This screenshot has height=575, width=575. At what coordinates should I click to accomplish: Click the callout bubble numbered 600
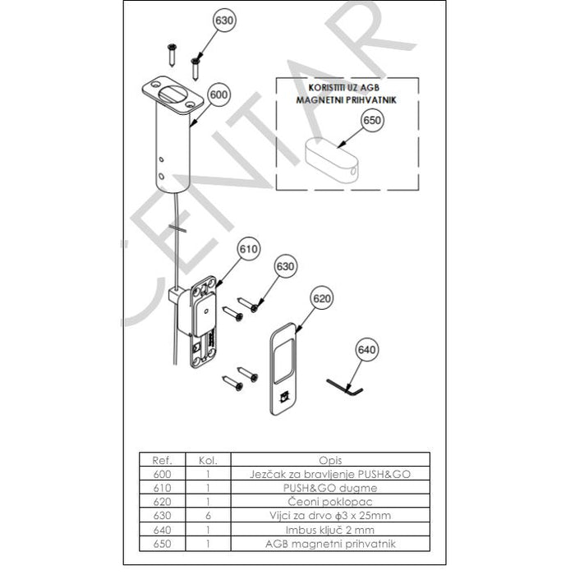coord(218,94)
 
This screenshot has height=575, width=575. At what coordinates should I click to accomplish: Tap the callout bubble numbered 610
coord(248,249)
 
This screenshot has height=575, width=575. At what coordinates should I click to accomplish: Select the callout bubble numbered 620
coord(322,298)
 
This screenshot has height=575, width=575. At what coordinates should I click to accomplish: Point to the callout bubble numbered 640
coord(366,349)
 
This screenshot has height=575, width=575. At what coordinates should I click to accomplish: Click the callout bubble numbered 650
coord(372,120)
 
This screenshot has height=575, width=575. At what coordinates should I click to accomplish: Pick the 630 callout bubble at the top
coord(224,21)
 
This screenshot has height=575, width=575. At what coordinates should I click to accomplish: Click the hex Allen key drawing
coord(345,387)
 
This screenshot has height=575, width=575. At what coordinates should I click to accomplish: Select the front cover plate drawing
coord(283,369)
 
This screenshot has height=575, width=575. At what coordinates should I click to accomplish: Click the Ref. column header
coord(162,460)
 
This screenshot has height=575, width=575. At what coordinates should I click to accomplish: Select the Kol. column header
coord(208,460)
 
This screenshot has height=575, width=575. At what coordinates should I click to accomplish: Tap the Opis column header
coord(330,460)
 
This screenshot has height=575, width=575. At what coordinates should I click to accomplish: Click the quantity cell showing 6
coord(208,516)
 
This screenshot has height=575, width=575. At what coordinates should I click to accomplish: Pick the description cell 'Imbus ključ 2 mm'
coord(330,530)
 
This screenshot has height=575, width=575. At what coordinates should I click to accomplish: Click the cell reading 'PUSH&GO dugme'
coord(330,488)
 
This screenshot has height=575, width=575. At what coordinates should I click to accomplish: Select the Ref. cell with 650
coord(162,544)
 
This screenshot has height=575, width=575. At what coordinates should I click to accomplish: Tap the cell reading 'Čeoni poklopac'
coord(330,502)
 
